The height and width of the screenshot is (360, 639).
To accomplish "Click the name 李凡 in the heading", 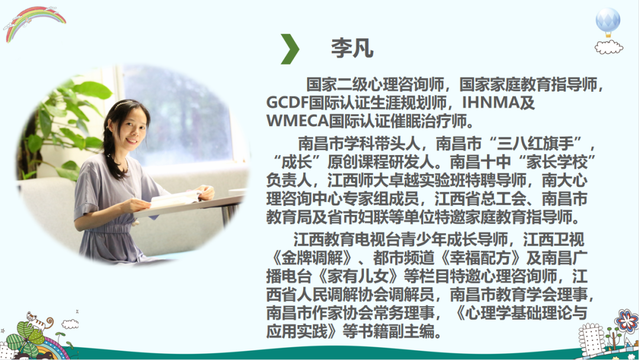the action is (352, 49).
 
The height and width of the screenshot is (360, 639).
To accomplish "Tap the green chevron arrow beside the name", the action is (290, 49).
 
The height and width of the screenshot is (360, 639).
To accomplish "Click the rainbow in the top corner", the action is (35, 22).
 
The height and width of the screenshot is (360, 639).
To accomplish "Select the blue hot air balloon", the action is (608, 22).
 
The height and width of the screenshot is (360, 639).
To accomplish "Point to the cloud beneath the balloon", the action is (609, 47).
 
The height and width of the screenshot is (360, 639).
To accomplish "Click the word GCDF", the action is (287, 103).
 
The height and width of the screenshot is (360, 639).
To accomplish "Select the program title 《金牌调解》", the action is (312, 258).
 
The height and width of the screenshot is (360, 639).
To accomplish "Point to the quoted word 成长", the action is (297, 162).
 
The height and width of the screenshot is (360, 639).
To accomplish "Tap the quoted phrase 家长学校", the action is (557, 162).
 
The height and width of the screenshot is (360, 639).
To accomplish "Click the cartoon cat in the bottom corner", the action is (38, 320).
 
